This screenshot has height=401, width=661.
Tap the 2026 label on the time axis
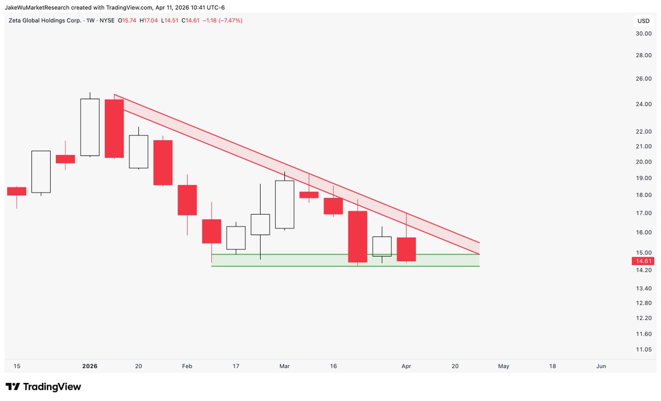(x=89, y=366)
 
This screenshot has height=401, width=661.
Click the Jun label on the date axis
(x=601, y=366)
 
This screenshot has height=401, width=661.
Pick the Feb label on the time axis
(x=187, y=366)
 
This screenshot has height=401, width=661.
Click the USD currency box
(x=643, y=21)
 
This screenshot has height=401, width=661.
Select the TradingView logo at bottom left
(x=43, y=387)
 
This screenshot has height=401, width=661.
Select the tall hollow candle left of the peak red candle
(x=90, y=127)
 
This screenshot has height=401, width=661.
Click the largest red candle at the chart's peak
(x=114, y=128)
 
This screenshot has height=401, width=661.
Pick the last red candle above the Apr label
(x=407, y=249)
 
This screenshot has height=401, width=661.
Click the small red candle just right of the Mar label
(x=309, y=195)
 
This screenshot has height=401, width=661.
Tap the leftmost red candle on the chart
(x=17, y=191)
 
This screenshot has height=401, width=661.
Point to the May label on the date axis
(x=503, y=366)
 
